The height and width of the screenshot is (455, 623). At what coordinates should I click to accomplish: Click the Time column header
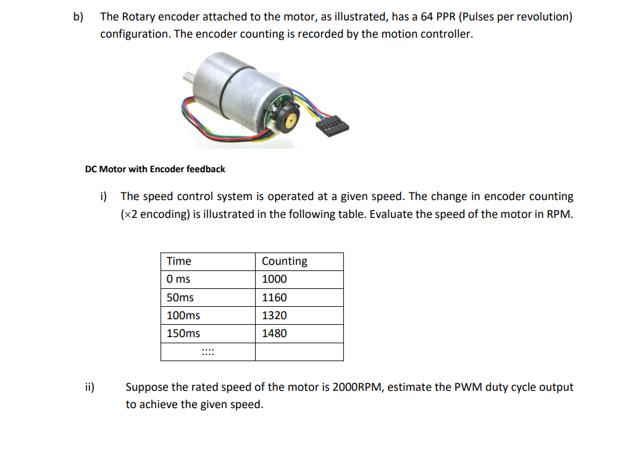coord(179,261)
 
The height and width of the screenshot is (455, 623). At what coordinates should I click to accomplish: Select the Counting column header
coord(284,261)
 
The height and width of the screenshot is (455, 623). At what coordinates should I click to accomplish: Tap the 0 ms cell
coord(178,279)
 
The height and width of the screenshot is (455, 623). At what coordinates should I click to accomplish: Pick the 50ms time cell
coord(180,298)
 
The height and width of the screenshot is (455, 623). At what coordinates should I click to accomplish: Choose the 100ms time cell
coord(183,315)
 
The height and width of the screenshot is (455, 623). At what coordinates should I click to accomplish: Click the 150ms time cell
coord(183,333)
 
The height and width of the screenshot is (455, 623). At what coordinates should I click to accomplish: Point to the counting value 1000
coord(274,279)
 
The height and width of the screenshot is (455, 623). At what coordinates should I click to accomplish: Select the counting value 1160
coord(274,298)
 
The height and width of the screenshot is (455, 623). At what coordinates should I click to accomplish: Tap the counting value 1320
coord(274,315)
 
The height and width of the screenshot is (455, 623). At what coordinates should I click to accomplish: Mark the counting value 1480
coord(274,333)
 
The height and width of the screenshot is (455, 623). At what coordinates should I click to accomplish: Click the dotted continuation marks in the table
coord(207,353)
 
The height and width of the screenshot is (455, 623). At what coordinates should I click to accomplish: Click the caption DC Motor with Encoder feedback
coord(155,169)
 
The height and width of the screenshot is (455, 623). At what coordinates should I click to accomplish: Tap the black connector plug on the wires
coord(332,127)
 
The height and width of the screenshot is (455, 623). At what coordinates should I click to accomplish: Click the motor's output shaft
coord(187,77)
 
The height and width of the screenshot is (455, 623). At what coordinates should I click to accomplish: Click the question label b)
coord(78,17)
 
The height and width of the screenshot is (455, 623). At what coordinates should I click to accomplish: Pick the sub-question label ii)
coord(90,388)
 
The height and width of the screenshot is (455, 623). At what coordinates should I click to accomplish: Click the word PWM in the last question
coord(469,388)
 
